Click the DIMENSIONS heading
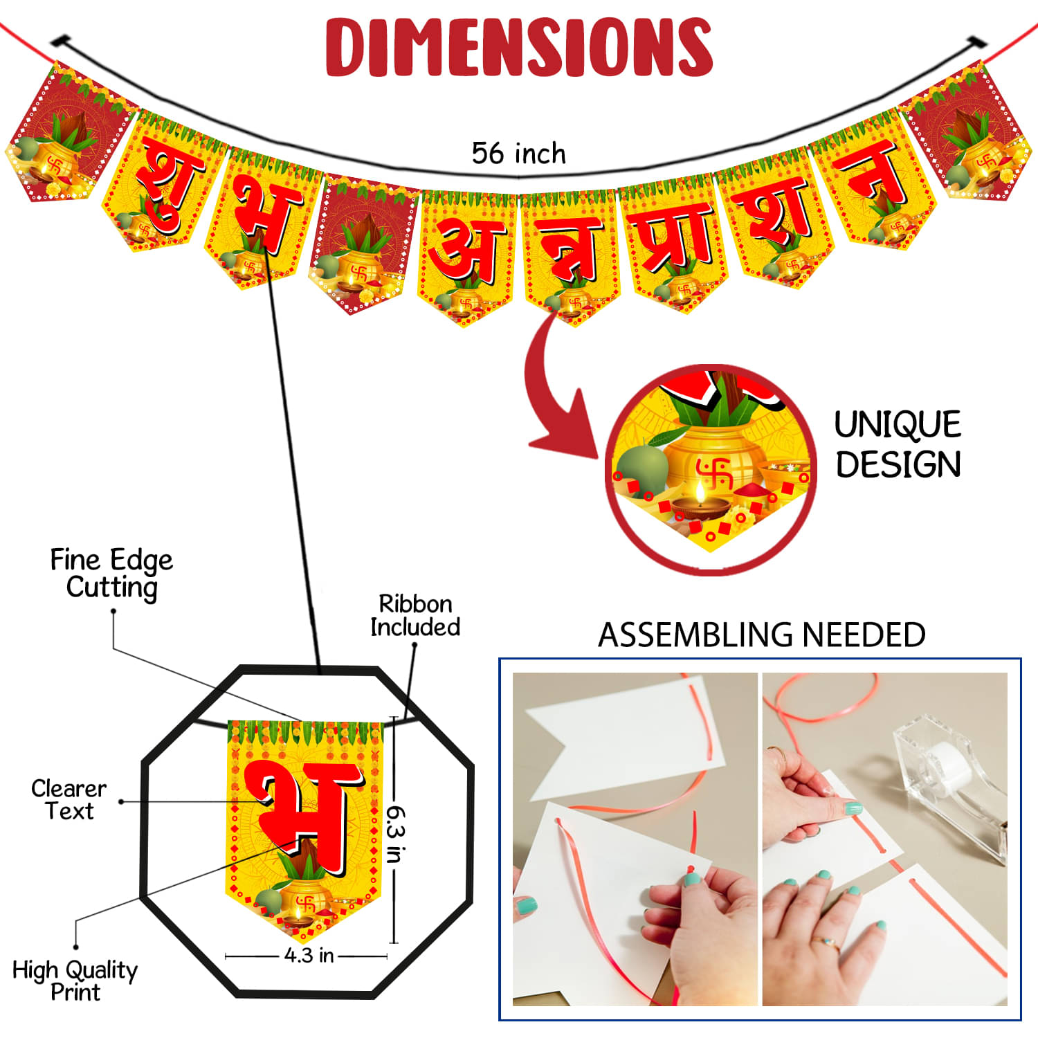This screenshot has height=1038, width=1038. [519, 46]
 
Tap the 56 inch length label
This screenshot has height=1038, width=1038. [518, 153]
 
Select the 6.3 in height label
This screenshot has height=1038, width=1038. [394, 833]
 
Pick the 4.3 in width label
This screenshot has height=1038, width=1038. [309, 956]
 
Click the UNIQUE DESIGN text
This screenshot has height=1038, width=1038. [898, 444]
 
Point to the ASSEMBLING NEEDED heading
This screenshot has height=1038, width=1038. [761, 635]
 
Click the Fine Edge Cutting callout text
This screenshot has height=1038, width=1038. [111, 574]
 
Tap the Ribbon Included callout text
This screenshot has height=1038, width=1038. [415, 614]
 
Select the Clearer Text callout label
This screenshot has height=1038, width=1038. [69, 799]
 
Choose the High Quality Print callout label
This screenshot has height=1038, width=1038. [75, 980]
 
